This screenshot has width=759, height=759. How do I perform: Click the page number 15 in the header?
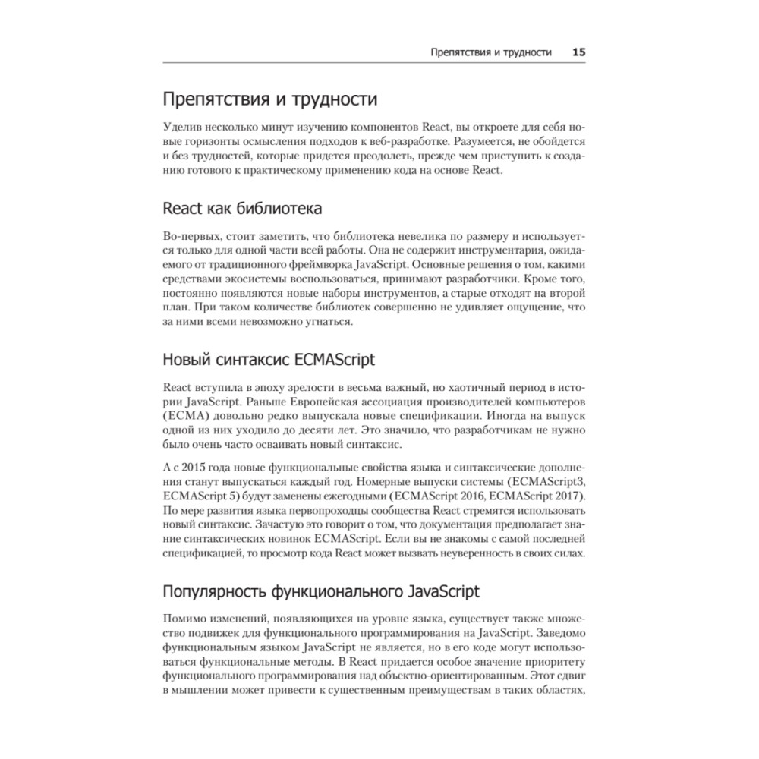[x=578, y=52]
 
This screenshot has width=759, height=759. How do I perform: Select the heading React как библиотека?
[x=242, y=209]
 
